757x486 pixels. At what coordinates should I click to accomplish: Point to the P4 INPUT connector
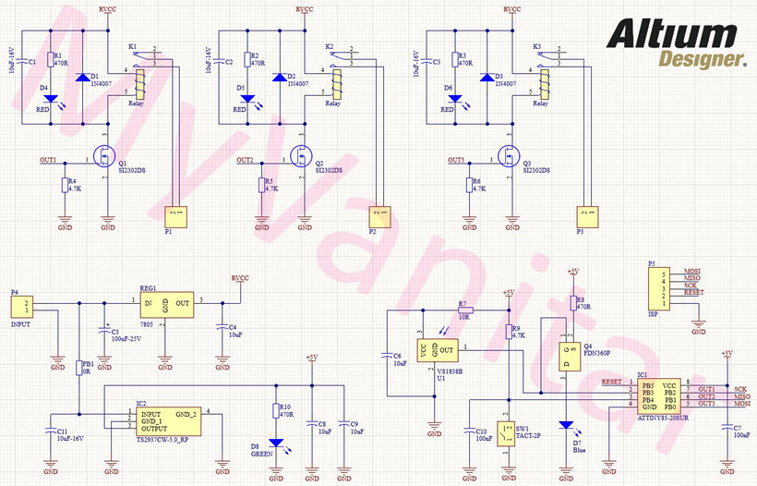tap(29, 306)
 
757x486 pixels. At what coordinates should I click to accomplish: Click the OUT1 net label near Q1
tap(48, 161)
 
